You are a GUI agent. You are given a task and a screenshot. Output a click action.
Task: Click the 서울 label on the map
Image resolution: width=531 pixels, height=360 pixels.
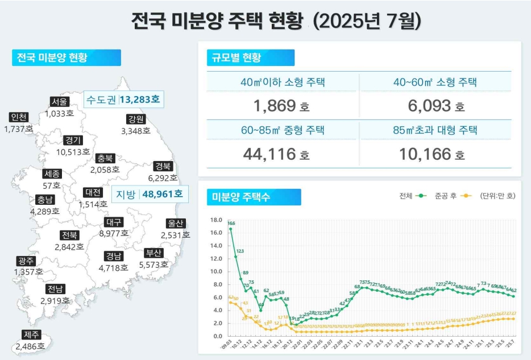(59, 102)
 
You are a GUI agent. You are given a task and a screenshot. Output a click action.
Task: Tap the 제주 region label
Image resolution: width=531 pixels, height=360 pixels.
(30, 334)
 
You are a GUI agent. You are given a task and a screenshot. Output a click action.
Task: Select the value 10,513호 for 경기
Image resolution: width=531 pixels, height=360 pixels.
(73, 152)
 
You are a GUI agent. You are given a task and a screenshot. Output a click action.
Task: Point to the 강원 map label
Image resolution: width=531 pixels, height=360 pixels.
(136, 119)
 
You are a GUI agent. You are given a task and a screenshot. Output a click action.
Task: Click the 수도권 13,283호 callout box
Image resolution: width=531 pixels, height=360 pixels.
(123, 100)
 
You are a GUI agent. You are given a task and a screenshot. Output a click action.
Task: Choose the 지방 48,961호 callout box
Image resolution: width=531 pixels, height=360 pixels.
(150, 194)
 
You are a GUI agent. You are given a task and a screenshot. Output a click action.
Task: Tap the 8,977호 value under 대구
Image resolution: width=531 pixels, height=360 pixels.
(114, 233)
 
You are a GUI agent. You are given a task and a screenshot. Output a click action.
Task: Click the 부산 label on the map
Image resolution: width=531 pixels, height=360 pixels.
(154, 253)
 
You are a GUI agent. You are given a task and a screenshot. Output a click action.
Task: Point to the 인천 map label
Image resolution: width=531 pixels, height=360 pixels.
(19, 117)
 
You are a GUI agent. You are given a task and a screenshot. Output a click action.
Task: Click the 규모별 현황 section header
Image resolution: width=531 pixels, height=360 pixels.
(251, 57)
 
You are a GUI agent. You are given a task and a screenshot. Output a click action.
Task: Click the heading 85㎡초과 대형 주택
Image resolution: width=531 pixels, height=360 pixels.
(435, 130)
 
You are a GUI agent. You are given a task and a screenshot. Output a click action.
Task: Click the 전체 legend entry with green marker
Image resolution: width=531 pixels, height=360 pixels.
(413, 196)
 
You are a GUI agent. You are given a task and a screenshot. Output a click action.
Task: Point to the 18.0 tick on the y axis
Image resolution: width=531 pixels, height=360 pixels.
(215, 220)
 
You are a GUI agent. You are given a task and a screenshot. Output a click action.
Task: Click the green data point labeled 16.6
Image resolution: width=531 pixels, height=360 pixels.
(230, 229)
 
